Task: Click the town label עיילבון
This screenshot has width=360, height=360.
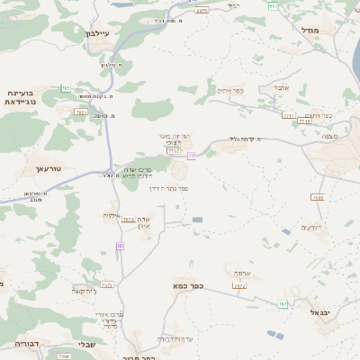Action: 96,33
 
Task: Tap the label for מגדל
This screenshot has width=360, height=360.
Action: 310,30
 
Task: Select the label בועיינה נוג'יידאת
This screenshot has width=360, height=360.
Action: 20,97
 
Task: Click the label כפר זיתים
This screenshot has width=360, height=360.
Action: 231,90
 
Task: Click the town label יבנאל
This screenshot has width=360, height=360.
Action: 321,311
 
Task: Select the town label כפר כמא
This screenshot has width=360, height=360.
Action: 189,286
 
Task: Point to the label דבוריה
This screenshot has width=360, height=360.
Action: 28,343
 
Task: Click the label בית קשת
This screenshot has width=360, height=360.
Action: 84,291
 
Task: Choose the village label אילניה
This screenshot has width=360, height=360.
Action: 112,215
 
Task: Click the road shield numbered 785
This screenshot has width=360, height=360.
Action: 66,88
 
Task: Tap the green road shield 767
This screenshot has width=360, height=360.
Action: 283,304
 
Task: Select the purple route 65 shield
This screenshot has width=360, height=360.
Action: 120,245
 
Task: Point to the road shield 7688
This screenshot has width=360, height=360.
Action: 318,197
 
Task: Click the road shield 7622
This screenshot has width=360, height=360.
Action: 239,285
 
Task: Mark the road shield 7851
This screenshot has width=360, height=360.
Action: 81,112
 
